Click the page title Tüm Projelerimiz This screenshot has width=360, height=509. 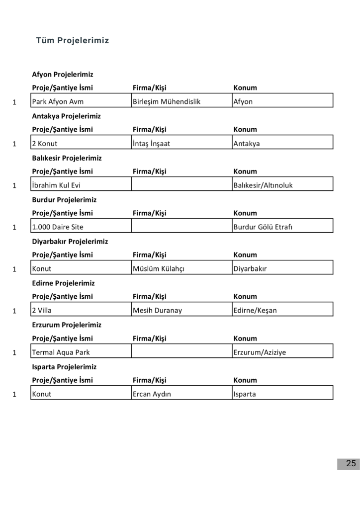click(73, 41)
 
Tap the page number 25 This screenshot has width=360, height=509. click(351, 464)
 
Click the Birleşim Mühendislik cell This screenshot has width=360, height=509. click(167, 102)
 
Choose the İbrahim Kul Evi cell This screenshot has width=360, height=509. click(56, 185)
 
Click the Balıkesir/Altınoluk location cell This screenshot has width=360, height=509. click(263, 185)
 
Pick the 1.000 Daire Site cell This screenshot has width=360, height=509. click(58, 227)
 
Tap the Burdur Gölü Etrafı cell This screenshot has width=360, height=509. click(264, 227)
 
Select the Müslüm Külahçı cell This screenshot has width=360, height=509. click(159, 269)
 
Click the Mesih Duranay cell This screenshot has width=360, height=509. click(158, 311)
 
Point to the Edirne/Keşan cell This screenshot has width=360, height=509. click(255, 311)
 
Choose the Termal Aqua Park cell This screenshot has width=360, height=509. click(61, 352)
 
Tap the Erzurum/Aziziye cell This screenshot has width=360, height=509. click(260, 352)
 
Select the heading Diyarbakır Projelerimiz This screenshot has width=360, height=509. click(70, 242)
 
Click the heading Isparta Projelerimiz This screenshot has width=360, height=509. click(64, 367)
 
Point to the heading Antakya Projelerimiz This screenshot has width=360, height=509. click(66, 116)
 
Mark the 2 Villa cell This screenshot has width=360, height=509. click(42, 311)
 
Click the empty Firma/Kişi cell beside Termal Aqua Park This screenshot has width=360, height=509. click(181, 352)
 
